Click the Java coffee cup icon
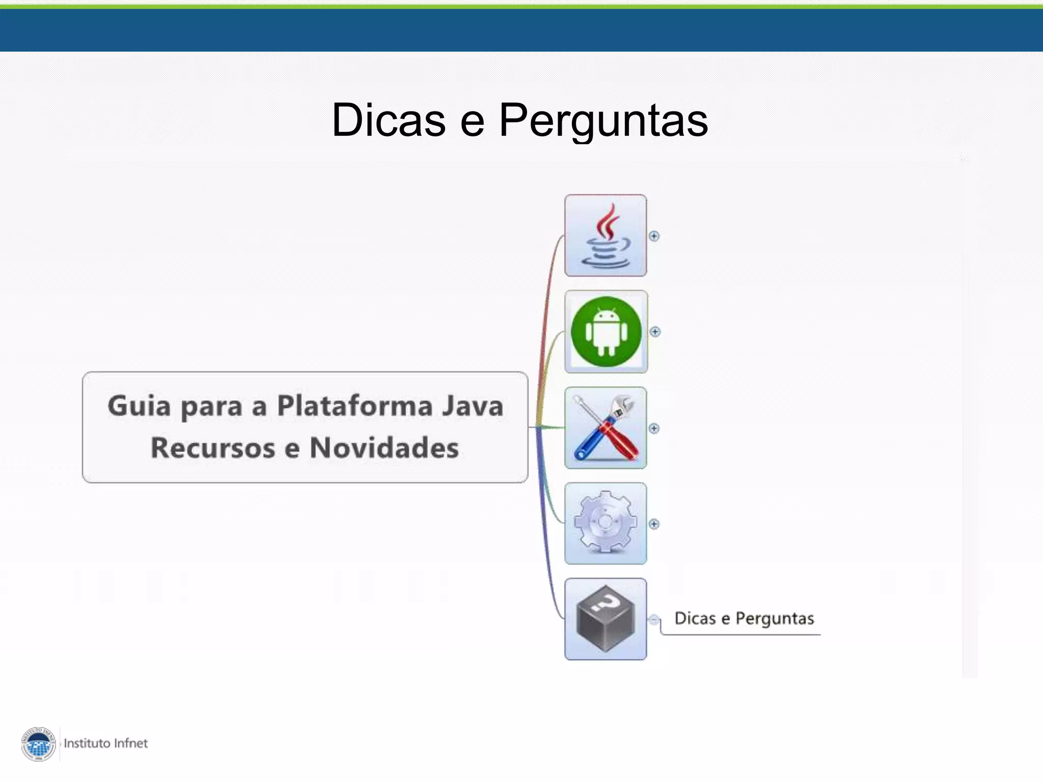coord(606,236)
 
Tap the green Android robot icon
coord(606,331)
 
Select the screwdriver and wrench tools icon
coord(606,428)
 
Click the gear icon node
coord(606,523)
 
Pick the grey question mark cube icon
coord(606,619)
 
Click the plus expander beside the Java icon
coord(654,236)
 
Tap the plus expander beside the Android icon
coord(655,332)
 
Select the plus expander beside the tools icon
coord(654,428)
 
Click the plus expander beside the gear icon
coord(654,524)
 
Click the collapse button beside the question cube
coord(653,620)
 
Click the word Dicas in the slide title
coord(389,120)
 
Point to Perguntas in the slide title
coord(603,121)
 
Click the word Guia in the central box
coord(139,406)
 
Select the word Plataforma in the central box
coord(354,406)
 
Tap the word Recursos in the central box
coord(213,448)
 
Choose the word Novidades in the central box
coord(384,448)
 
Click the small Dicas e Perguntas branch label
coord(744,619)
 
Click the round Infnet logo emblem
coord(39,744)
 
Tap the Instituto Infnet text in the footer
coord(105,743)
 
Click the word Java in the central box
coord(473,406)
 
